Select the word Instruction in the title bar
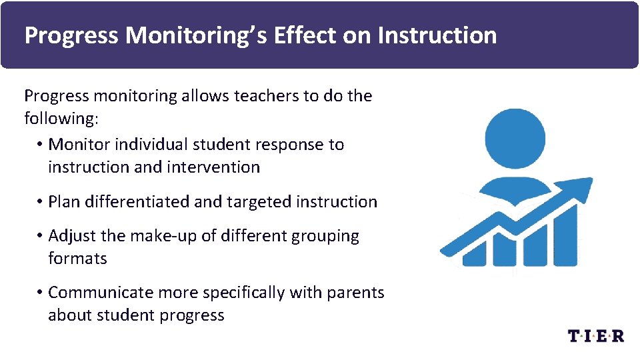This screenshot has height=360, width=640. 437,35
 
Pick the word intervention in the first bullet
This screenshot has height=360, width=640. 217,167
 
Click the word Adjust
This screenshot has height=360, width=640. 70,236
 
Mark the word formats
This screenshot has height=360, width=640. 77,259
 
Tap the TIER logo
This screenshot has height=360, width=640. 596,335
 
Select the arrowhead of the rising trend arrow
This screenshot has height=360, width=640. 579,187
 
